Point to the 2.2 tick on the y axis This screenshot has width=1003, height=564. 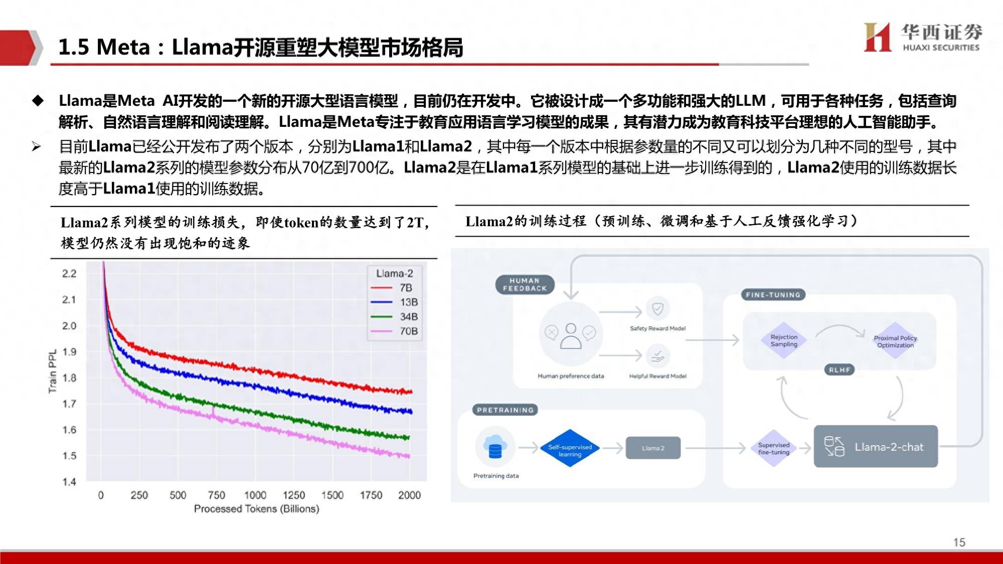coord(69,273)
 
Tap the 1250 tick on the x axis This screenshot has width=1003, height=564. coord(294,495)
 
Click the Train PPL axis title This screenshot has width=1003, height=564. coord(53,371)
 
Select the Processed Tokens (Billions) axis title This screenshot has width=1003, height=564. coord(256,509)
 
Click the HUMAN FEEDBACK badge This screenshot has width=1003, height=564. coord(525,284)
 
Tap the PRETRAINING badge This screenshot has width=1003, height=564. coord(505,410)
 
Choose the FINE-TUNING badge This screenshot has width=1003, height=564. coord(773,295)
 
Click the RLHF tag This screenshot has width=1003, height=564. coord(840,370)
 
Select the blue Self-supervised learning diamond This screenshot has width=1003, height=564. coord(570,448)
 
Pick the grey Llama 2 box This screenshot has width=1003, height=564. coord(653,448)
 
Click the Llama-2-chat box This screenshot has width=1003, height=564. coord(876,447)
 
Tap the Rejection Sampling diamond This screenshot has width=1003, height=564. coord(784,340)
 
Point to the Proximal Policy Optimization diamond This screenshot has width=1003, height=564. coord(895,341)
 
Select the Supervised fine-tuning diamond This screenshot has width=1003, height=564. coord(774,448)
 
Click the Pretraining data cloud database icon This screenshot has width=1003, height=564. coord(495,446)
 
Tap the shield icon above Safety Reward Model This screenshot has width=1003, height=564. coord(658,309)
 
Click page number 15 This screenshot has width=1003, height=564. coord(959,542)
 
